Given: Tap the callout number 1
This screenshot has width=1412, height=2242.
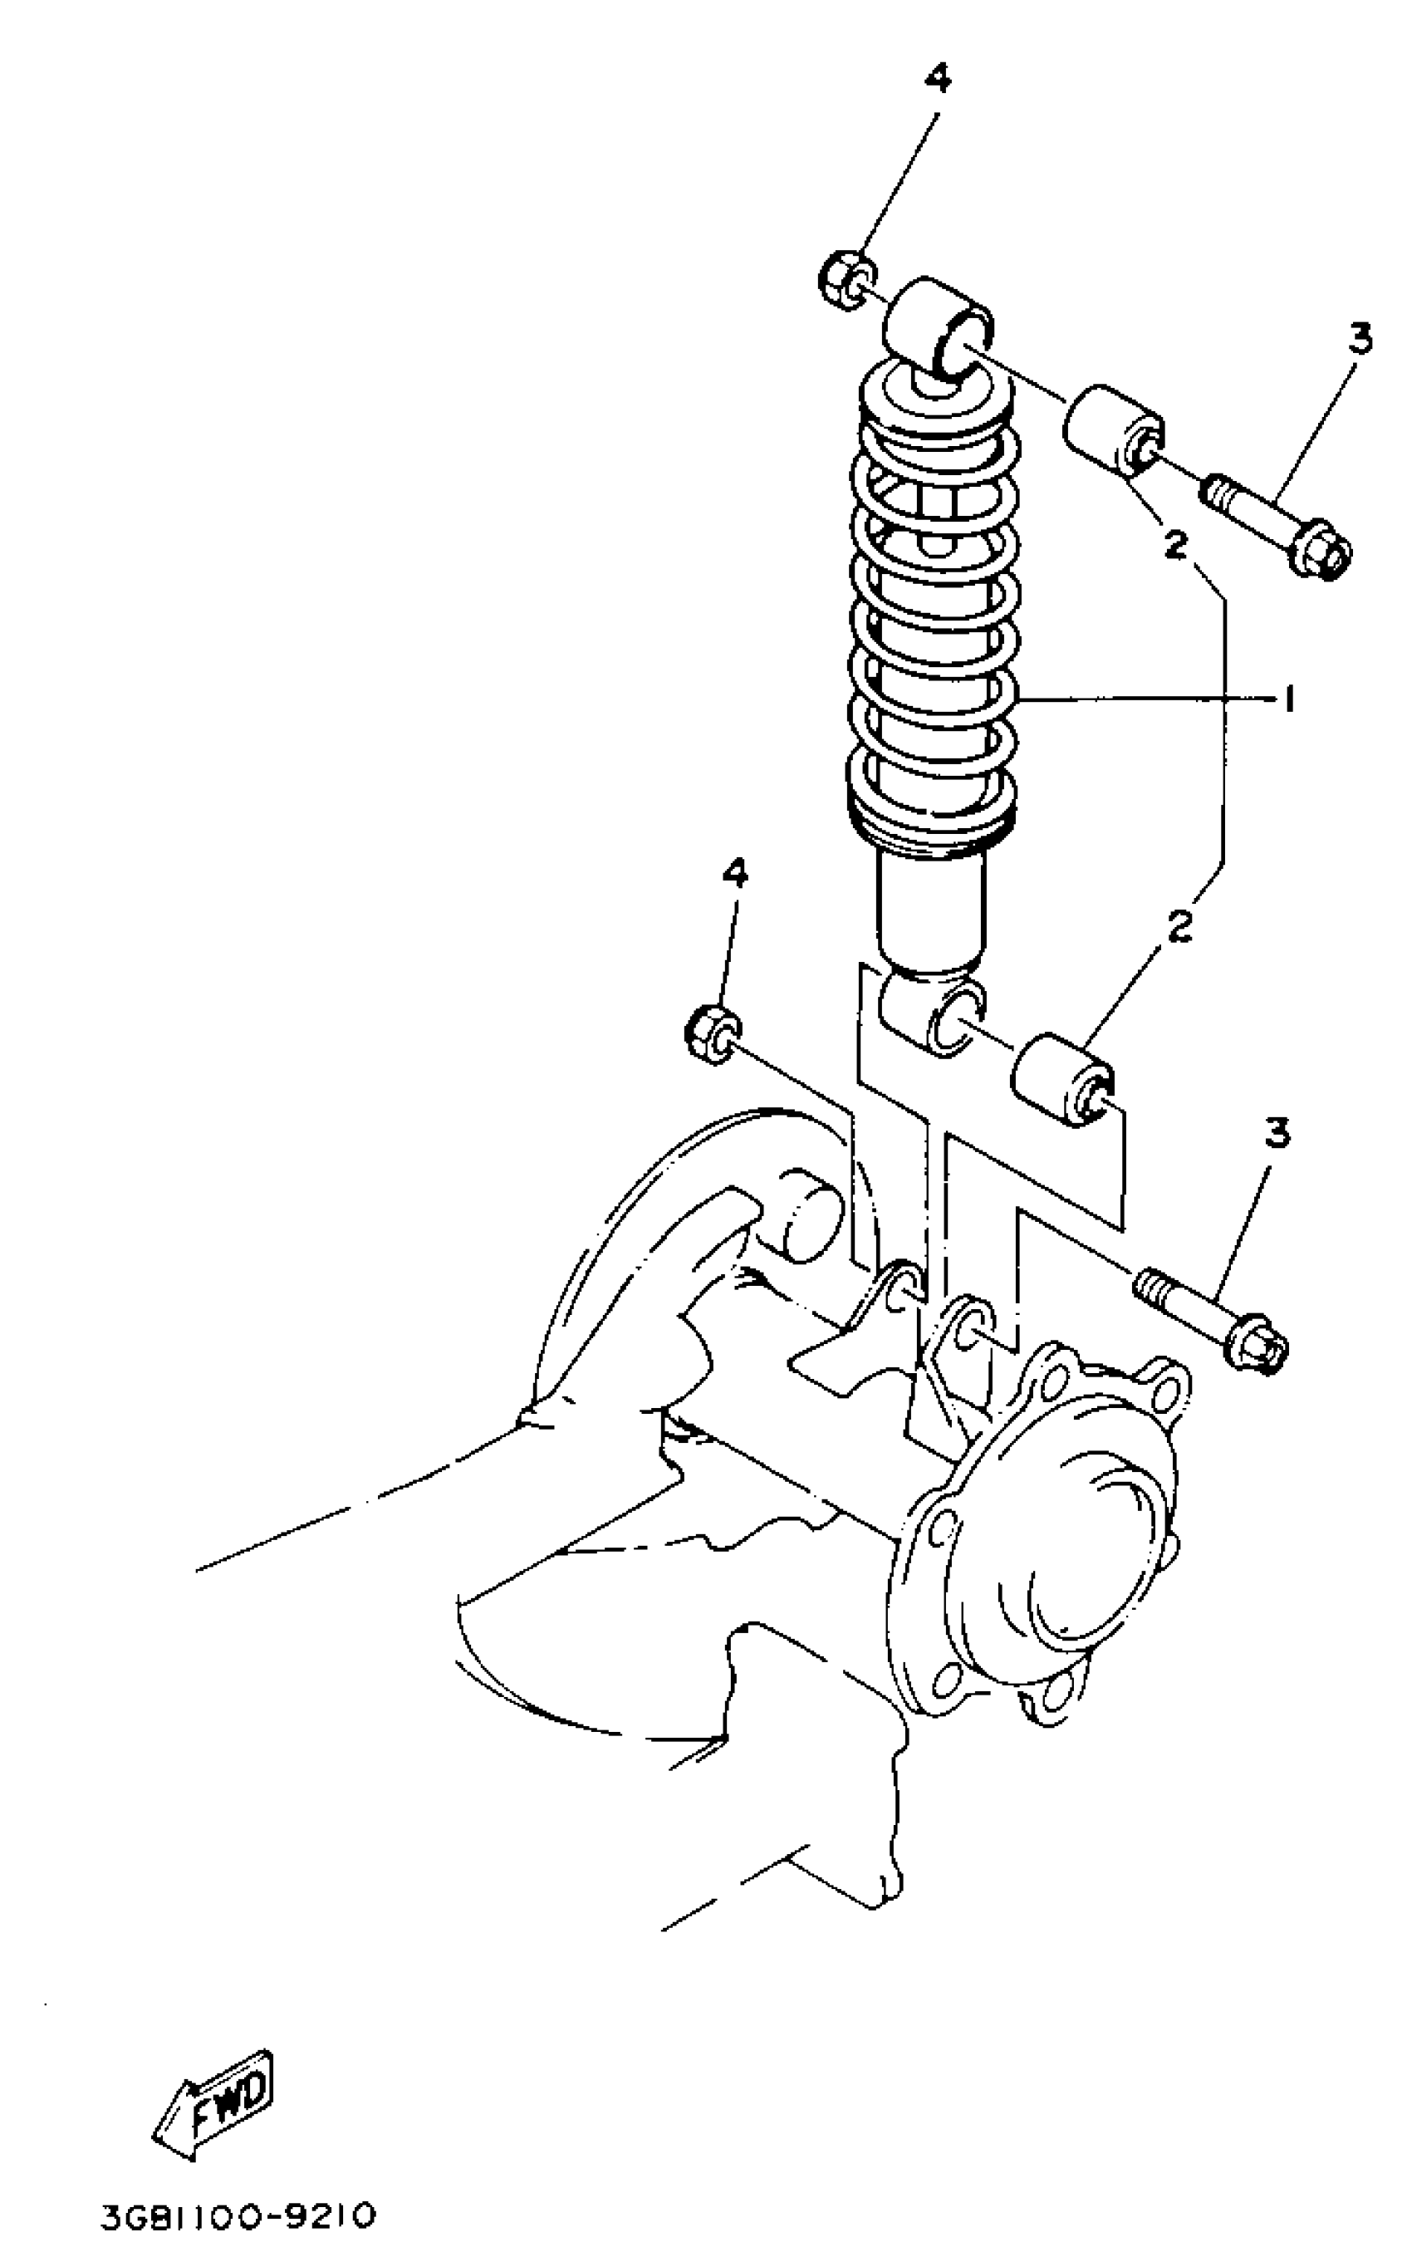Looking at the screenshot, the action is [1289, 699].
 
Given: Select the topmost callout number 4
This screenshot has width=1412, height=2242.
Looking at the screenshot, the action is [937, 79].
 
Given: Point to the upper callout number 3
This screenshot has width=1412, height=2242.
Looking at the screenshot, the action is [1360, 338].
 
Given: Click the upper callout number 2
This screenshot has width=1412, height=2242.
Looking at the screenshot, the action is [1176, 545].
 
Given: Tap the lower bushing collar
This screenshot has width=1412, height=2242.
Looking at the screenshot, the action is [1062, 1080].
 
